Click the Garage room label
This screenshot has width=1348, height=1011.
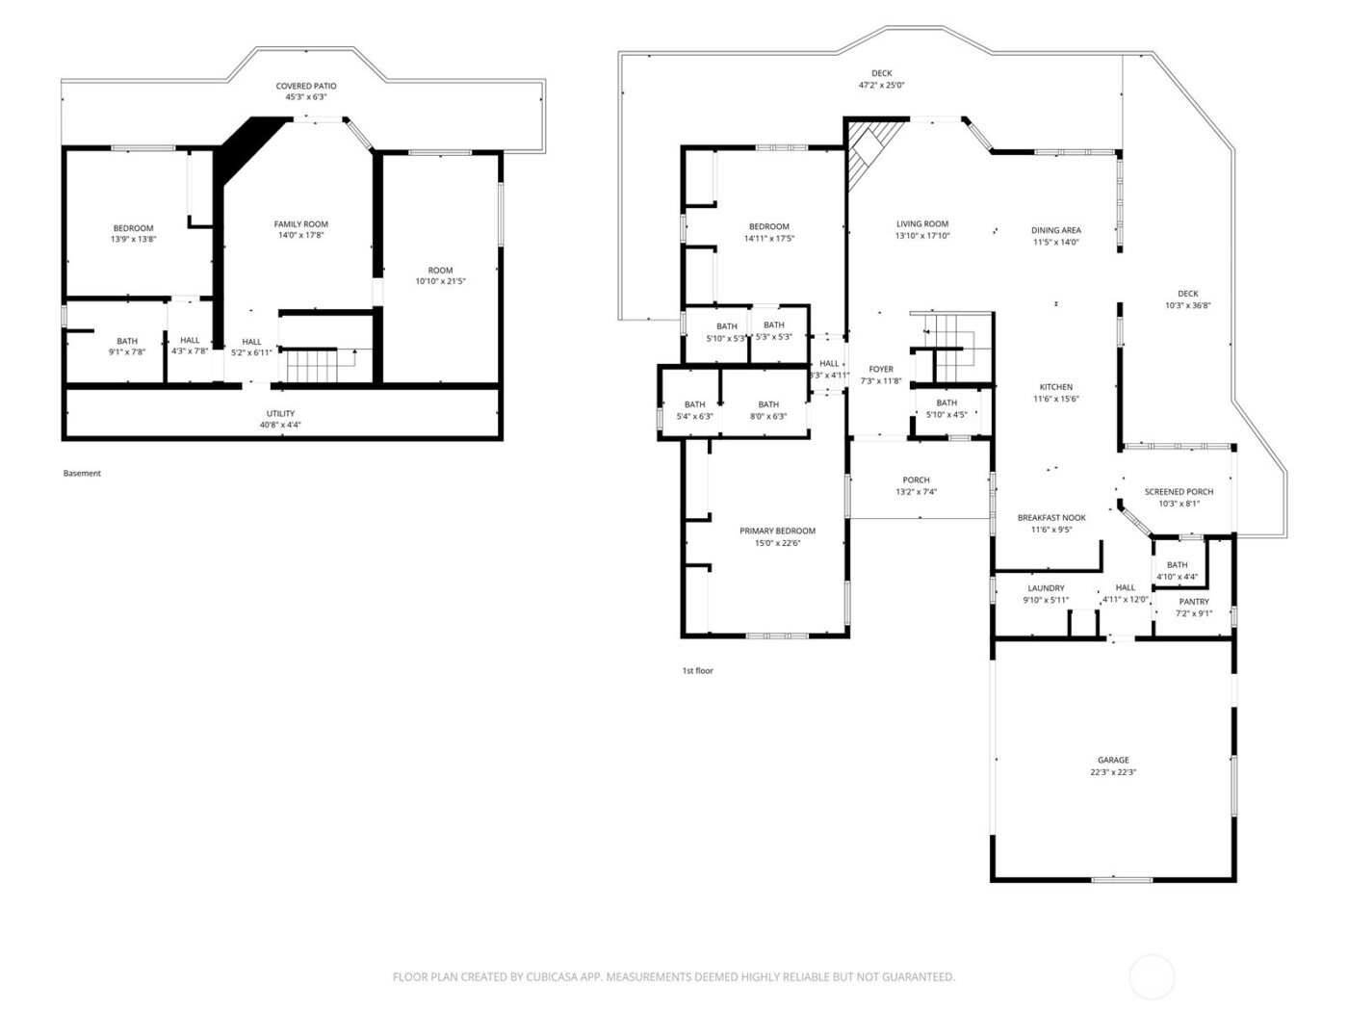coord(1113,760)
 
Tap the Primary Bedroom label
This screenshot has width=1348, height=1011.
coord(777,531)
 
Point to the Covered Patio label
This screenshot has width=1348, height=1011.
coord(306,86)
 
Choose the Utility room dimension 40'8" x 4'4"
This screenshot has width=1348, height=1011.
coord(281,425)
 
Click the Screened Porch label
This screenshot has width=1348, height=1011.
coord(1179,491)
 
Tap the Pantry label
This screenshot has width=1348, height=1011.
coord(1194,602)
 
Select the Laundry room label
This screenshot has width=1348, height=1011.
coord(1046,588)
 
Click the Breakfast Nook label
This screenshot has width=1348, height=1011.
coord(1051,517)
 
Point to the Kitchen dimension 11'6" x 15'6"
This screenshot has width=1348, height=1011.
coord(1055,399)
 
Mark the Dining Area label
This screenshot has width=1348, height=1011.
coord(1055,230)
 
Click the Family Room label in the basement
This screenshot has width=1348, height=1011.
coord(301,224)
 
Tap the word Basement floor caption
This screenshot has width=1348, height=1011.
coord(82,474)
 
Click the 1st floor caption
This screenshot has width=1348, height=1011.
coord(697,671)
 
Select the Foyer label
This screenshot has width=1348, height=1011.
coord(881,369)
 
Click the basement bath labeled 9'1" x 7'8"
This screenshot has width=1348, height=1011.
coord(127,347)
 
